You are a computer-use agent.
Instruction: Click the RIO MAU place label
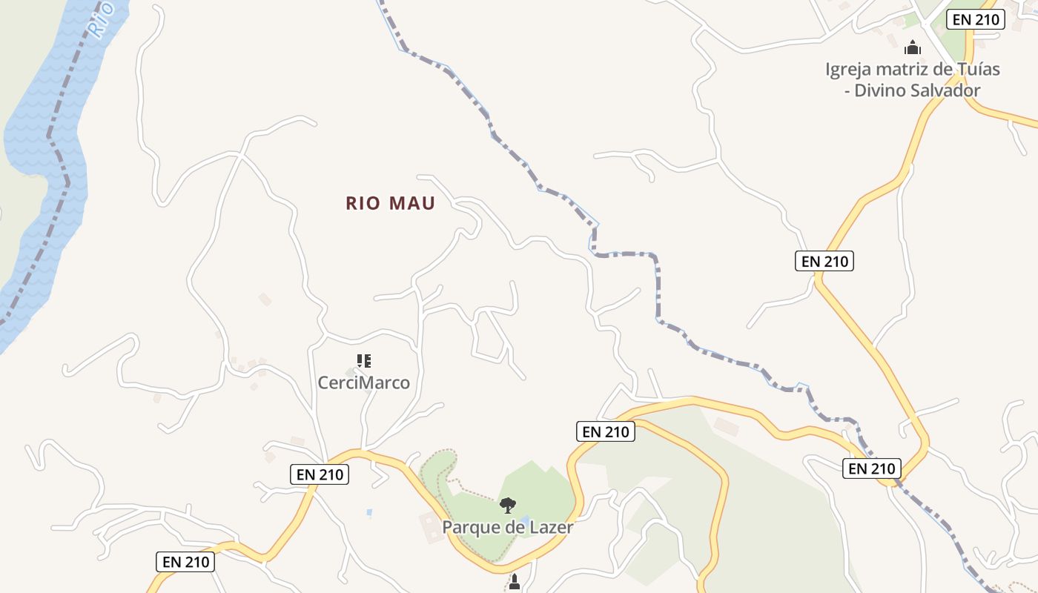[x=390, y=203]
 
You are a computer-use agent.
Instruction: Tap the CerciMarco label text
[x=363, y=382]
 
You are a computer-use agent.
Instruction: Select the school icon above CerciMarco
[x=363, y=361]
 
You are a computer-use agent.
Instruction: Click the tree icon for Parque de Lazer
[x=508, y=506]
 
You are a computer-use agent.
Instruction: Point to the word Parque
[x=469, y=527]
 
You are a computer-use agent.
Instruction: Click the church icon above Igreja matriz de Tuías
[x=913, y=48]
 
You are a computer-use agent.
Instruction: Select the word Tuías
[x=976, y=70]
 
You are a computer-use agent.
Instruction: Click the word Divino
[x=884, y=90]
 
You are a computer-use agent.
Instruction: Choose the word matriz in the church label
[x=905, y=70]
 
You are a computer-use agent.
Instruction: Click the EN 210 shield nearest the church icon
[x=976, y=19]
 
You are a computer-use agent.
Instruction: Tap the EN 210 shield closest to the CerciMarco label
[x=320, y=474]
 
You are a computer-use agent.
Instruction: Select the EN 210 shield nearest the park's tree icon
[x=605, y=431]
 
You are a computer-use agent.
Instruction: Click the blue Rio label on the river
[x=99, y=19]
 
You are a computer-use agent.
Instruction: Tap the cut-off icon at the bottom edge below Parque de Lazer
[x=514, y=583]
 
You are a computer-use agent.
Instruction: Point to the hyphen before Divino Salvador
[x=846, y=91]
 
